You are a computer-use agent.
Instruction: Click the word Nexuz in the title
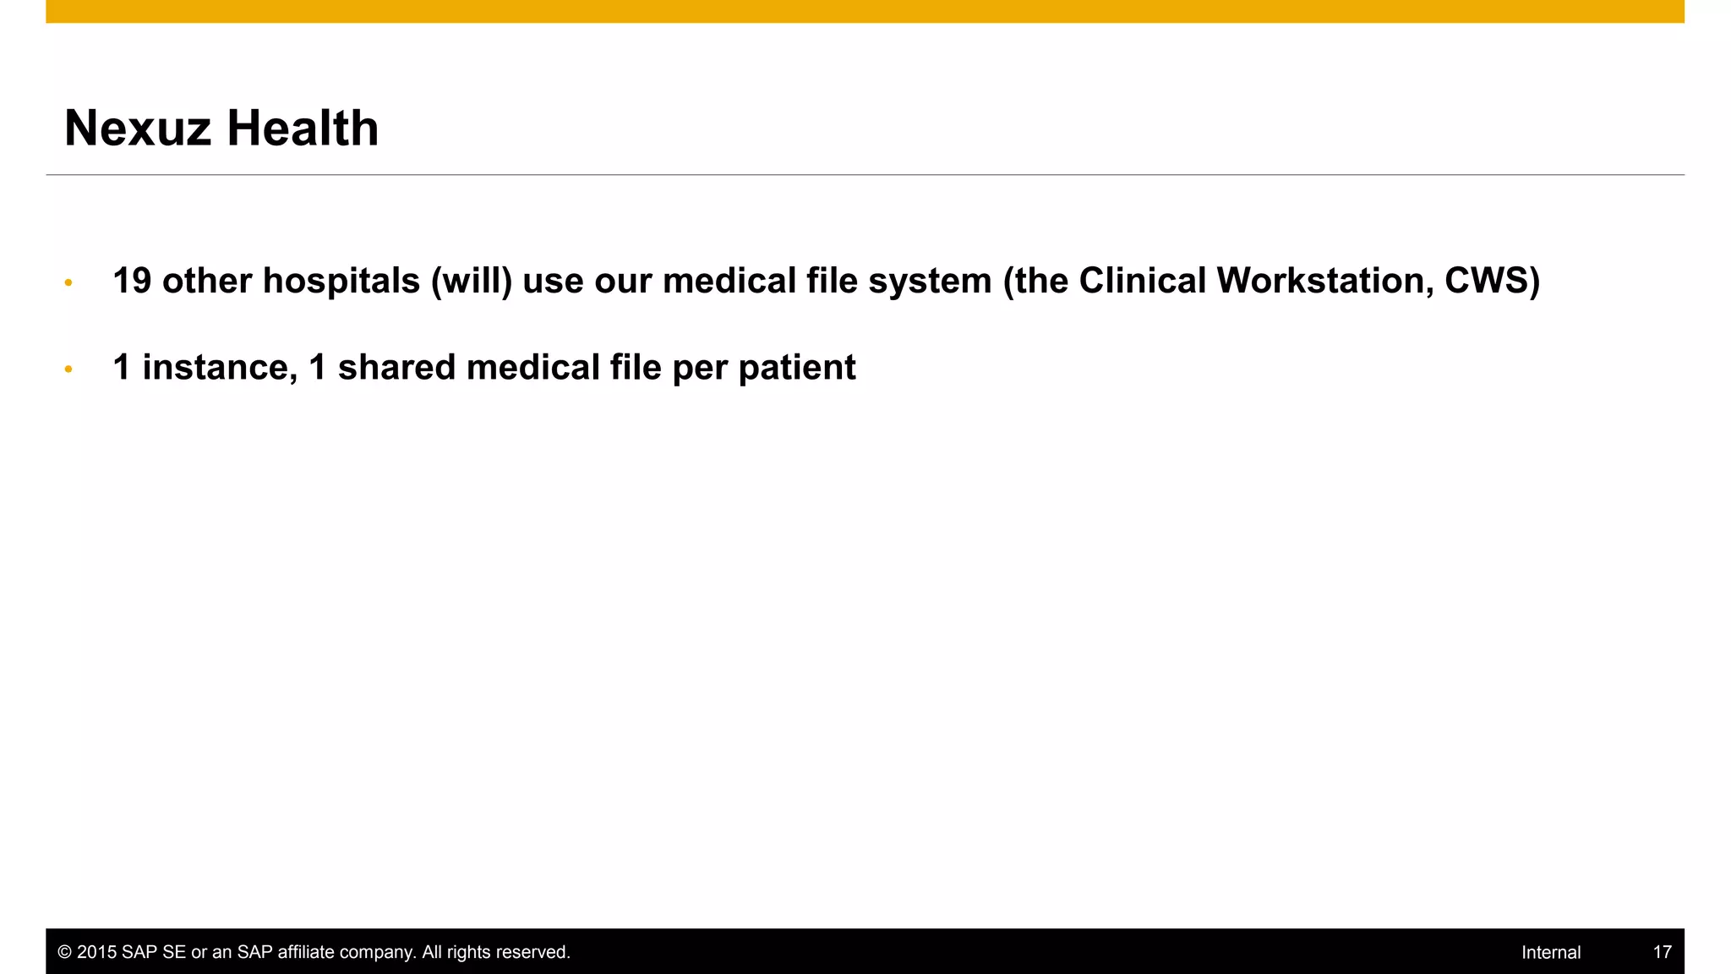pos(137,129)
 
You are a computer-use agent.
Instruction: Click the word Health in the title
pos(303,129)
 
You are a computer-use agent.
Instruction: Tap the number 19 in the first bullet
pos(132,281)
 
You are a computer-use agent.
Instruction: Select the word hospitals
pos(341,281)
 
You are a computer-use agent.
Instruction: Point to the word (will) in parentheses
pos(472,281)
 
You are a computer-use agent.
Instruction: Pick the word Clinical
pos(1143,281)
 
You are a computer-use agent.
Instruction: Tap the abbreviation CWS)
pos(1492,281)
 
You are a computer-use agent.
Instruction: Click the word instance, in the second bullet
pos(220,368)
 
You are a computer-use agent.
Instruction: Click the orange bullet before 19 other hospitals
pos(68,282)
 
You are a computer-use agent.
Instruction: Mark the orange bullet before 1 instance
pos(68,369)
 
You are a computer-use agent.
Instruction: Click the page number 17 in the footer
pos(1662,953)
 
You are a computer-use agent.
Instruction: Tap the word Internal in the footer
pos(1551,953)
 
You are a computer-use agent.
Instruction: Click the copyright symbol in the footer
pos(65,953)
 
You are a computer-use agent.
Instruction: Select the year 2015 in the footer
pos(97,953)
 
